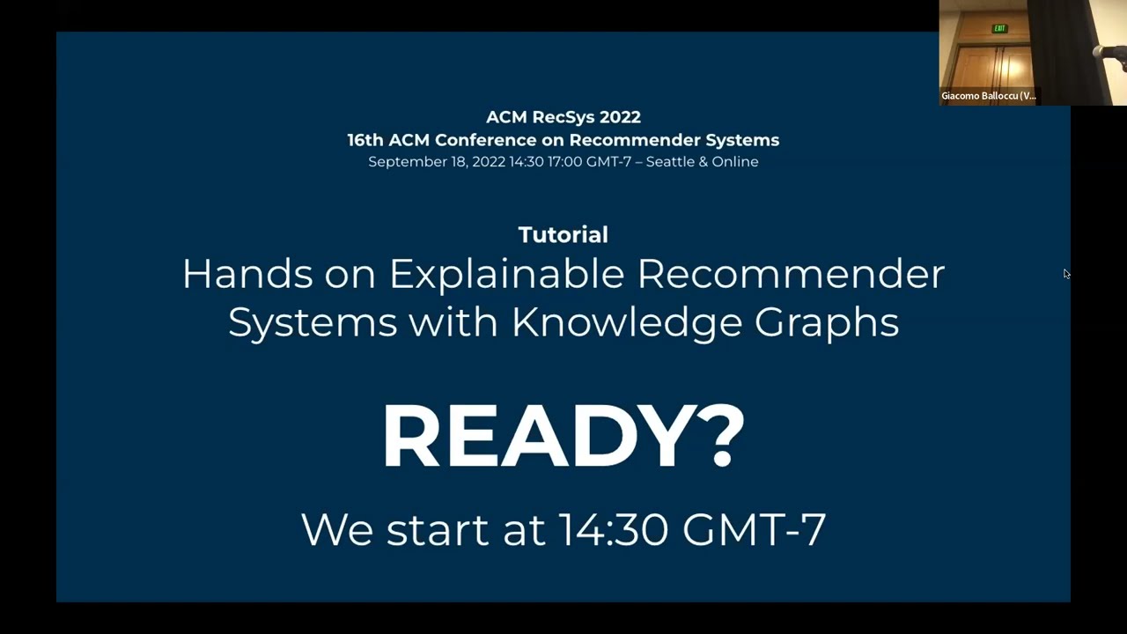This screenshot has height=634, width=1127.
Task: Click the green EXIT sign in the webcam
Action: tap(999, 29)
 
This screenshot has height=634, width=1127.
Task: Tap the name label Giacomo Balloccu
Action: tap(988, 96)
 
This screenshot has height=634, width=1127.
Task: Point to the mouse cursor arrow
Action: tap(1065, 274)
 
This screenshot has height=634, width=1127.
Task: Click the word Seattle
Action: tap(671, 162)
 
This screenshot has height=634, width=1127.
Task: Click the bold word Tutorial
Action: tap(563, 234)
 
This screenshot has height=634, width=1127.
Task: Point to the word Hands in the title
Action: tap(247, 275)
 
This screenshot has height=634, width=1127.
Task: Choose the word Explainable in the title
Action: tap(506, 275)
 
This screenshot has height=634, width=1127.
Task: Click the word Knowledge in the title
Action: tap(627, 322)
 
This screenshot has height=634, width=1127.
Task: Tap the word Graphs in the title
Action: tap(827, 322)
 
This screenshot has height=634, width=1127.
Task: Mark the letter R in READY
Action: tap(411, 436)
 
